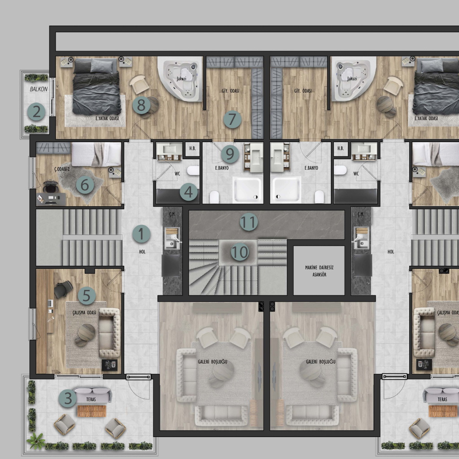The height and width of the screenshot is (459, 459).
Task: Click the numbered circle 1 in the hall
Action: coord(141,234)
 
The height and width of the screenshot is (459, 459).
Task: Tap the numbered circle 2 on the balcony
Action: coord(37,112)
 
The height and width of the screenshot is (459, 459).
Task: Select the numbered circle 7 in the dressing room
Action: coord(233,119)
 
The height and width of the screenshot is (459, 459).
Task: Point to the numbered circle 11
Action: coord(249,222)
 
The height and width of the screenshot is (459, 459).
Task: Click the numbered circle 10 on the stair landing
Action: coord(240,252)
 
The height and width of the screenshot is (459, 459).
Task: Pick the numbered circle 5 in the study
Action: coord(87,296)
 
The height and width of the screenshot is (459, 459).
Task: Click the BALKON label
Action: coord(39,89)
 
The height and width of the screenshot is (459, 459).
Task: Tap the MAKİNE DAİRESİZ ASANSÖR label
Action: coord(319,271)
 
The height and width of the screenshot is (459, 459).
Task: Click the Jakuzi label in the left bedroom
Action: coord(182,79)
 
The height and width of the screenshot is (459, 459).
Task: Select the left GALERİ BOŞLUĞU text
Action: coord(212,362)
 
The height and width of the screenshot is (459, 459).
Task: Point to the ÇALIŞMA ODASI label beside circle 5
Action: coord(84,312)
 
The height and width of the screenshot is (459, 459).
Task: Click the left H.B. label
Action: coord(192,148)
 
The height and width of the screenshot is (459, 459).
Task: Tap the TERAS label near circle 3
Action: coord(91,399)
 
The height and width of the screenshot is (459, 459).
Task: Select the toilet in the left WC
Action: coord(193,170)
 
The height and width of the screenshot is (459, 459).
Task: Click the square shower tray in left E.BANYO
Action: coord(247,190)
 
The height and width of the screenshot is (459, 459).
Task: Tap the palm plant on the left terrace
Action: coord(36,441)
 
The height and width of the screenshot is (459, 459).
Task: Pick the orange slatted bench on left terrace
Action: coord(91,411)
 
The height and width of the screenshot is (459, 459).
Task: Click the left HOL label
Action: coord(142,252)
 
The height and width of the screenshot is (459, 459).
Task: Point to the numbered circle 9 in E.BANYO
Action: coord(230,154)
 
